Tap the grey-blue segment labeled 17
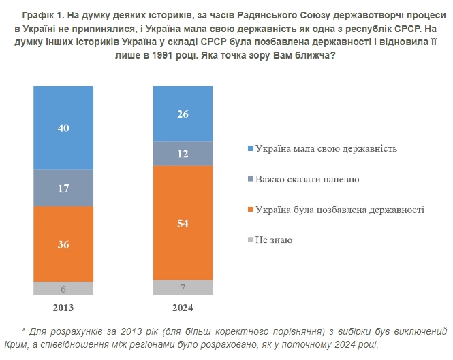pos(63,188)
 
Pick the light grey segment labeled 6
pos(63,289)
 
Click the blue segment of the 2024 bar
pos(183,114)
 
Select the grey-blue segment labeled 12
pos(183,154)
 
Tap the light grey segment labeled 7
pos(183,288)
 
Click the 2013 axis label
pos(63,307)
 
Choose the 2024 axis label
pos(183,307)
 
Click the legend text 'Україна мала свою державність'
pos(326,148)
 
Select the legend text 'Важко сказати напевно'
pos(307,179)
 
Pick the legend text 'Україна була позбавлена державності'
pos(339,210)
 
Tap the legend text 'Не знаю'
pos(273,240)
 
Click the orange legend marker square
pos(250,210)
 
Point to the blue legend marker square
pos(250,148)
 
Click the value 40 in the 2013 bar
pos(63,128)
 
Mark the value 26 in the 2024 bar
pos(183,114)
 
